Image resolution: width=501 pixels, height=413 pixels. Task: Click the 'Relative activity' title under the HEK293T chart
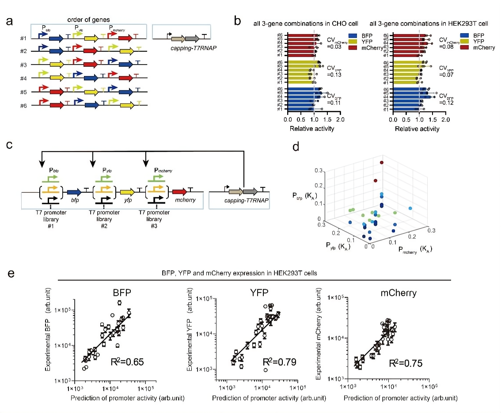417,129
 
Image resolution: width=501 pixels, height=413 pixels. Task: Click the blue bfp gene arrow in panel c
74,192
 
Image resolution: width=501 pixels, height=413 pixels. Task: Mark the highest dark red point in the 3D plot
381,163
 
